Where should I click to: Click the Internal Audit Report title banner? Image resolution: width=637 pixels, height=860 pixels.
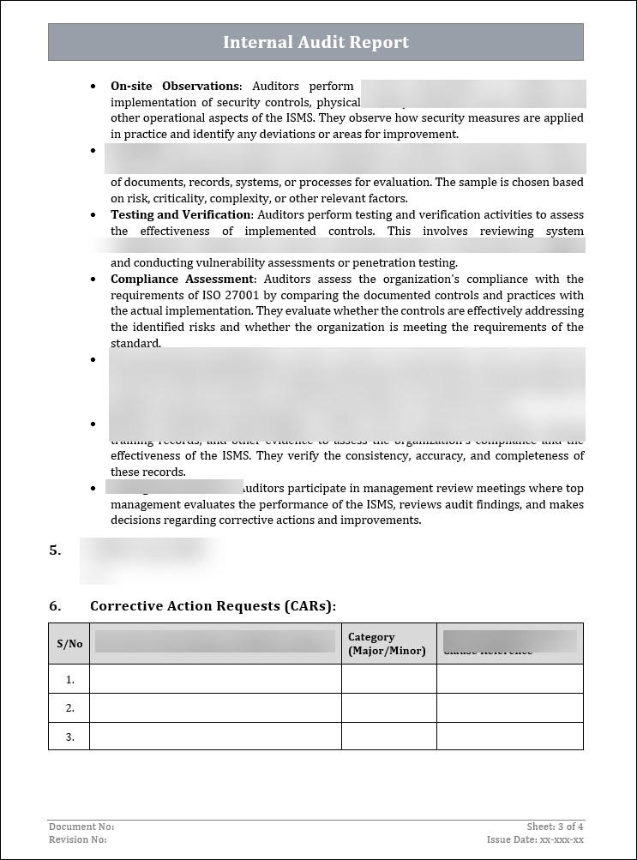pyautogui.click(x=315, y=42)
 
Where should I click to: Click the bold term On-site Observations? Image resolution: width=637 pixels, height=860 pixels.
pyautogui.click(x=175, y=86)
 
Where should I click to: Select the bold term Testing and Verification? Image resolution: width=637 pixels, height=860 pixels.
pyautogui.click(x=180, y=214)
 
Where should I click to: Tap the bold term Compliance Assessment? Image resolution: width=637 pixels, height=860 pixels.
pyautogui.click(x=183, y=279)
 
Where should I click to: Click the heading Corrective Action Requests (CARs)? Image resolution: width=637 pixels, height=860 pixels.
pyautogui.click(x=213, y=606)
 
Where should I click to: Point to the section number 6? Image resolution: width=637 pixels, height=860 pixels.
pyautogui.click(x=55, y=606)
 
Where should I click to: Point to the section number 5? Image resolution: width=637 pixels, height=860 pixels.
pyautogui.click(x=55, y=550)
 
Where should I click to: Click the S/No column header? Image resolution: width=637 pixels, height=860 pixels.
pyautogui.click(x=69, y=644)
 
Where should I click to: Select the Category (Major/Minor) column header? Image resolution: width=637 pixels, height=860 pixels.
pyautogui.click(x=387, y=644)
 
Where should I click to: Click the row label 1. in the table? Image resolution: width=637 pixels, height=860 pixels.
pyautogui.click(x=70, y=679)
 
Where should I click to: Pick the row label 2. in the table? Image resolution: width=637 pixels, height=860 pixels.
pyautogui.click(x=70, y=708)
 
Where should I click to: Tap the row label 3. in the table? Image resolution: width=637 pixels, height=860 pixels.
pyautogui.click(x=70, y=737)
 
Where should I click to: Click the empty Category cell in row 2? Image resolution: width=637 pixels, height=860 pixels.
pyautogui.click(x=388, y=708)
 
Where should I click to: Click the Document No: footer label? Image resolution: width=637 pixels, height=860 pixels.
pyautogui.click(x=81, y=827)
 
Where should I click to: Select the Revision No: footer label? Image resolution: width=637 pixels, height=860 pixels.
pyautogui.click(x=78, y=839)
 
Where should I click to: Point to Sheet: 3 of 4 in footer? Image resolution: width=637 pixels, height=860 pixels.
pyautogui.click(x=555, y=827)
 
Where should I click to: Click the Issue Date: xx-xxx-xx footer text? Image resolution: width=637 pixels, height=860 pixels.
pyautogui.click(x=535, y=839)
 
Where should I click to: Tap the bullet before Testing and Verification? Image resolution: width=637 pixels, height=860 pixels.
pyautogui.click(x=93, y=215)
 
